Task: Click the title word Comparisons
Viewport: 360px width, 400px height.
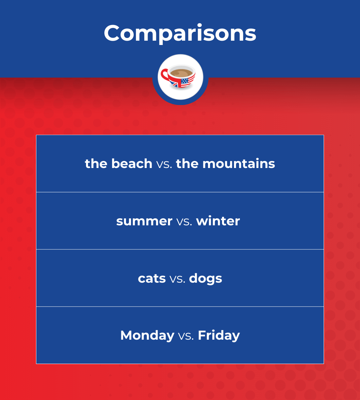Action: [180, 33]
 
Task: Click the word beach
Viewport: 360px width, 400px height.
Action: [132, 164]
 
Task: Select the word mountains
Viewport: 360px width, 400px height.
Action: [239, 164]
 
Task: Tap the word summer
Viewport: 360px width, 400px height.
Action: [144, 221]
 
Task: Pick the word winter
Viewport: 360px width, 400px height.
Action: [218, 221]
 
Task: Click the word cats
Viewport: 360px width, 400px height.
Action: [152, 278]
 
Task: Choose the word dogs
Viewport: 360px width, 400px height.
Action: [205, 279]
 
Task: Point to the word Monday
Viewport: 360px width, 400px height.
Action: [147, 335]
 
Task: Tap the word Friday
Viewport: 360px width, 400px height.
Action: [219, 335]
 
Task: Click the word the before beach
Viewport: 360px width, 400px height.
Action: [96, 164]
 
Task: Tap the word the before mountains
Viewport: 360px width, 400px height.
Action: [187, 164]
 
